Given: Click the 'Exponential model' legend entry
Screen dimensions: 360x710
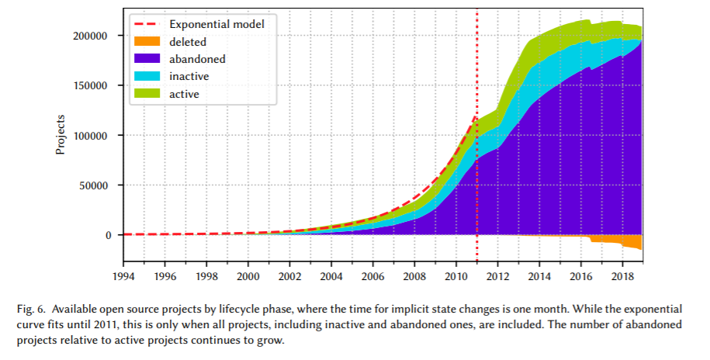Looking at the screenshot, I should click(217, 25).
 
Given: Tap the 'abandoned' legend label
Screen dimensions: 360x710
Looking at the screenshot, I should click(197, 59).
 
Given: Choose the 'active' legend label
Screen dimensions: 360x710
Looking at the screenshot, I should click(185, 93).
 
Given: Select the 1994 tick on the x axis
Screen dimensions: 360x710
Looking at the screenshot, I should click(123, 275).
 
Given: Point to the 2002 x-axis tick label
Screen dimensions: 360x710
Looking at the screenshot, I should click(289, 275).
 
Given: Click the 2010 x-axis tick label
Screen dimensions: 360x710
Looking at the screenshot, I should click(455, 275).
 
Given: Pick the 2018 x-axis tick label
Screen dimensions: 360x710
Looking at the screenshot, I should click(622, 275).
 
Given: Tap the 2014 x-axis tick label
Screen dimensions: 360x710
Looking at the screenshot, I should click(539, 275).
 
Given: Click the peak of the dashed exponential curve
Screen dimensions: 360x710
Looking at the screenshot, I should click(475, 117).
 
